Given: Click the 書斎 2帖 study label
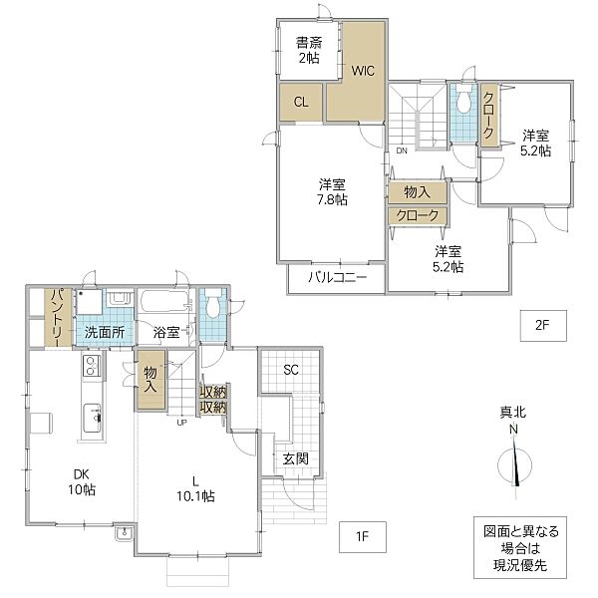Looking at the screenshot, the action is click(x=309, y=50).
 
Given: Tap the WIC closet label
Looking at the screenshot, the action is click(x=363, y=71).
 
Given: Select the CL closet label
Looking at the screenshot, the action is click(x=301, y=102).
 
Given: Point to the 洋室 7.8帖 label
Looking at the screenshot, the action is click(x=332, y=191).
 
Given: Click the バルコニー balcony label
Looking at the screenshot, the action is click(x=338, y=277).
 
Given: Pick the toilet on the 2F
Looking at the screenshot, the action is click(x=463, y=100).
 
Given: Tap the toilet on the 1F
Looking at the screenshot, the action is click(x=213, y=304).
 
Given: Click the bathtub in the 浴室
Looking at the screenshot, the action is click(x=164, y=301).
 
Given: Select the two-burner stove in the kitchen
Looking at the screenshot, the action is click(x=92, y=366).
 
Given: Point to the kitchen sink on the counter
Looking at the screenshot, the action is click(x=92, y=419).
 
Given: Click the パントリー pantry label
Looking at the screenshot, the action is click(x=58, y=317).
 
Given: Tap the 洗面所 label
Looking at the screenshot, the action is click(x=104, y=332).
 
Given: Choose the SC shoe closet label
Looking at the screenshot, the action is click(x=291, y=370).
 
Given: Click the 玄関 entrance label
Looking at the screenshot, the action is click(x=296, y=458).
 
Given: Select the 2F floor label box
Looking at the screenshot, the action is click(x=543, y=325).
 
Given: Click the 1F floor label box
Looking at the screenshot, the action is click(x=363, y=536).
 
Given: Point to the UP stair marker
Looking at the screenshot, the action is click(x=181, y=423).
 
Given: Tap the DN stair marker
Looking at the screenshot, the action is click(x=402, y=150).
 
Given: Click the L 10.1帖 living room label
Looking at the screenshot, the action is click(x=195, y=488).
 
